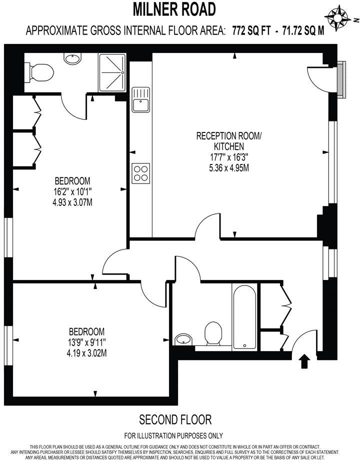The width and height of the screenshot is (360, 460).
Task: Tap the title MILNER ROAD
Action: coord(175,8)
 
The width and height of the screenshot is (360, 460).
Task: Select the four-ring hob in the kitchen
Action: coord(140,172)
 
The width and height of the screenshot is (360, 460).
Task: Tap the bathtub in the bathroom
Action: coord(244,316)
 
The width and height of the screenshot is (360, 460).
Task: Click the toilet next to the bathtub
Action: coord(214,332)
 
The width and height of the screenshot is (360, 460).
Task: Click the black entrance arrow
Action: coord(302,361)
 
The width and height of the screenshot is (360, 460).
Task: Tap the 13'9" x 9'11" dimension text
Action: coord(87,342)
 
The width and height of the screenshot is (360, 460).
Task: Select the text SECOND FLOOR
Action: coord(175,419)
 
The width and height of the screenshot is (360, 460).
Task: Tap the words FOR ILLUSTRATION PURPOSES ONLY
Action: coord(173,435)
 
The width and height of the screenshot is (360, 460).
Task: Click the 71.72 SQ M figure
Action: coord(302,30)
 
